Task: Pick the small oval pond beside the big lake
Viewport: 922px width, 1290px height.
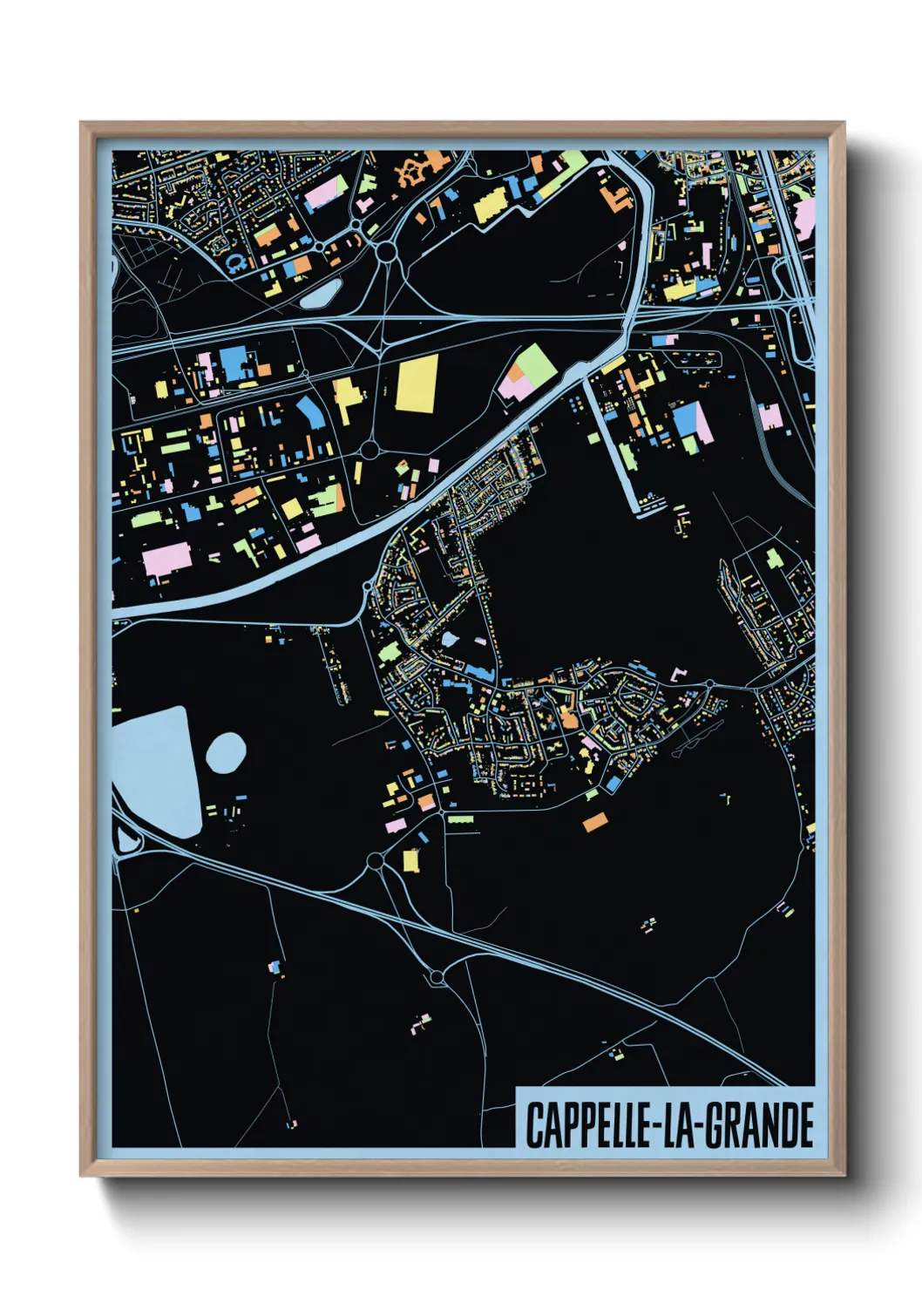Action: (x=226, y=753)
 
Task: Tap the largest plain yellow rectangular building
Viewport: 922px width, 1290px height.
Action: (x=417, y=383)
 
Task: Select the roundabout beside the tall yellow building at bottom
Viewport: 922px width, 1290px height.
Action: (x=376, y=861)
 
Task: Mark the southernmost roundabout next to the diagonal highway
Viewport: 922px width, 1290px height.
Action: (x=437, y=979)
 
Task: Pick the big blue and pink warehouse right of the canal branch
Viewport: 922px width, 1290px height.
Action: (x=690, y=421)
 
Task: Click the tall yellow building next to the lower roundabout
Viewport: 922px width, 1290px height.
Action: (x=410, y=860)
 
